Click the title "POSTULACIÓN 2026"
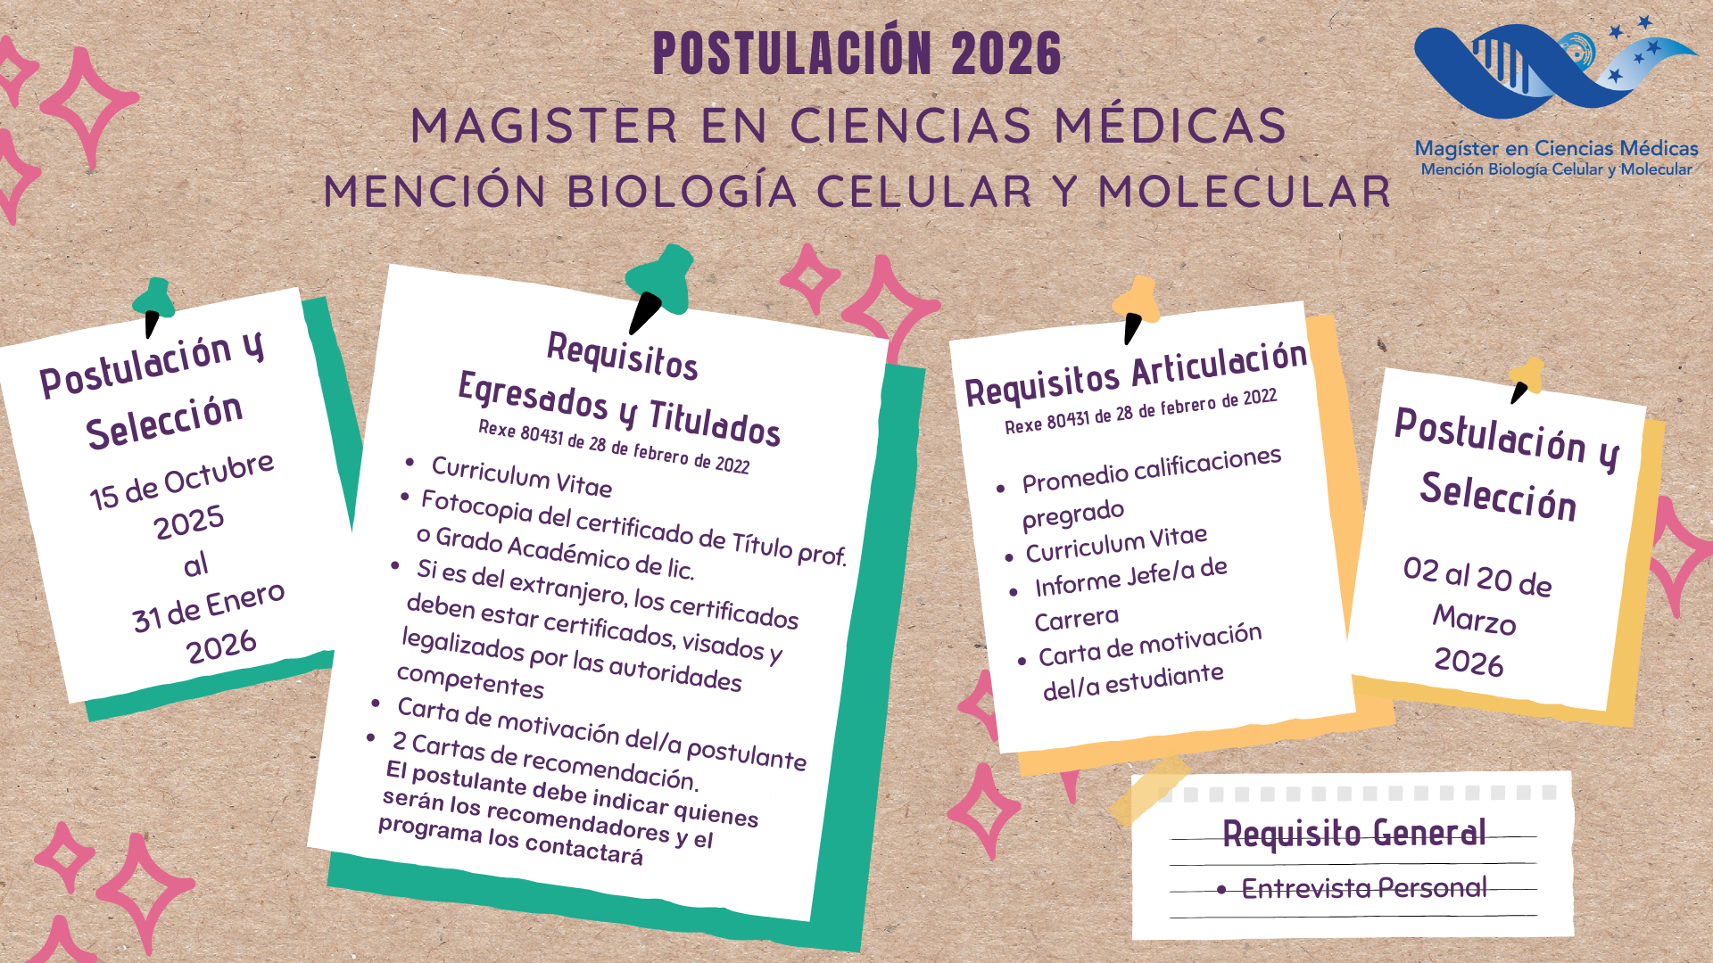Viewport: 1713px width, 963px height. (x=857, y=53)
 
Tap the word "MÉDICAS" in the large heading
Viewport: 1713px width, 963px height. (x=1171, y=124)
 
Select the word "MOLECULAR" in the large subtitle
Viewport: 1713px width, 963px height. (x=1245, y=191)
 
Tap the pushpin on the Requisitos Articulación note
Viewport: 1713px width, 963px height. (x=1137, y=308)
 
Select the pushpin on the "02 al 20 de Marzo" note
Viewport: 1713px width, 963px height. (x=1526, y=379)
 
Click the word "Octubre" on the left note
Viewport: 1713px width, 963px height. (x=219, y=473)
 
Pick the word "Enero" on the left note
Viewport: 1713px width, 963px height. (x=245, y=601)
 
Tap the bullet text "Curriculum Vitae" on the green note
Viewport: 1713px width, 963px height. (x=522, y=475)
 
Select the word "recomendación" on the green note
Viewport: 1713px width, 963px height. (x=609, y=766)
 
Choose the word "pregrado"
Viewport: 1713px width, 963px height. (x=1073, y=514)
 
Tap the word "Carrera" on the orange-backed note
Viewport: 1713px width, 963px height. (x=1077, y=618)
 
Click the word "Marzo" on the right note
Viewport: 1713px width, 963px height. (x=1475, y=620)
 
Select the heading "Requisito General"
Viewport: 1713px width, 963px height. (x=1354, y=833)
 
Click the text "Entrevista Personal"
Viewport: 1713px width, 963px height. (x=1364, y=888)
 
